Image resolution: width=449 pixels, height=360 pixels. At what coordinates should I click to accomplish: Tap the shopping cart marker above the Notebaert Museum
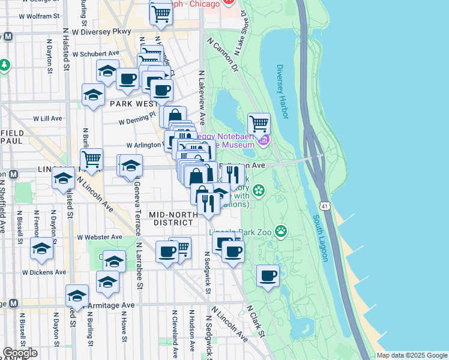(259, 124)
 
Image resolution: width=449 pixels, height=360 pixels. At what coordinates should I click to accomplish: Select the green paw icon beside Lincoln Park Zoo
(280, 230)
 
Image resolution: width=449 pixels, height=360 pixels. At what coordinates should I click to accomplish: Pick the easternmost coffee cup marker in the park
(268, 276)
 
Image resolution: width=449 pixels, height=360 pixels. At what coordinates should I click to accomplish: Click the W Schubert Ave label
(96, 53)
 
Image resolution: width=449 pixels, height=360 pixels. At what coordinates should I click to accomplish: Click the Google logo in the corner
(20, 353)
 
